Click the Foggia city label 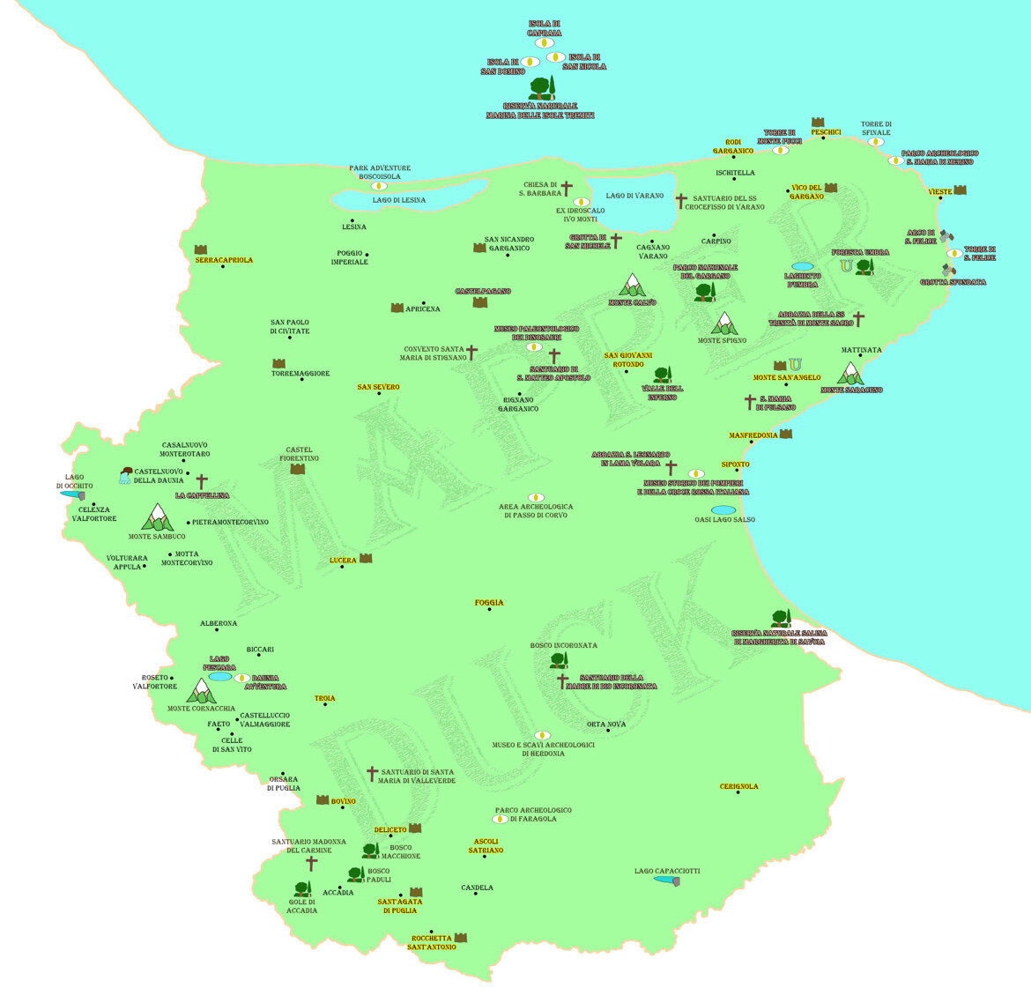489,603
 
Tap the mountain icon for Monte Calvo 632,285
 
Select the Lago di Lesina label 398,200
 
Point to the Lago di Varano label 634,196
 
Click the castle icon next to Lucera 366,559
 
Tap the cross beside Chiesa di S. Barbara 567,189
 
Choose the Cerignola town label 738,787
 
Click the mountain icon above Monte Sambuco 158,516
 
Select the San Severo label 378,387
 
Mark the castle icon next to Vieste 960,190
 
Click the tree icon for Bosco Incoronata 559,660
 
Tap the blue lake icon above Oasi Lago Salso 723,509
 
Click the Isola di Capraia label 544,28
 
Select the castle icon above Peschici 818,122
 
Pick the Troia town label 324,699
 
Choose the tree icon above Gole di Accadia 302,889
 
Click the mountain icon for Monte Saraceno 850,374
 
